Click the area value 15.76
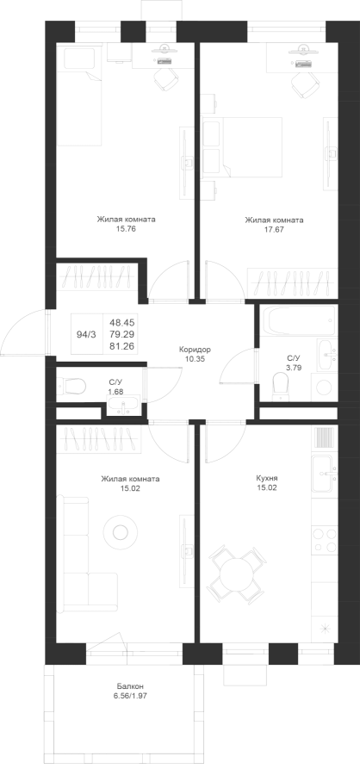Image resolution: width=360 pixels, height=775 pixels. click(x=126, y=229)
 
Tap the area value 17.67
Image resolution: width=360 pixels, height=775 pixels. click(x=274, y=230)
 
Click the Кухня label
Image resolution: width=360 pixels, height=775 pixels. click(x=267, y=479)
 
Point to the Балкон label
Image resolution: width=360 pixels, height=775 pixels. click(x=131, y=686)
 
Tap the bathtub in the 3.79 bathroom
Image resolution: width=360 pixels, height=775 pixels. click(x=301, y=319)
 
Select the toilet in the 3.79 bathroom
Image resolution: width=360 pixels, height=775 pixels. click(x=281, y=386)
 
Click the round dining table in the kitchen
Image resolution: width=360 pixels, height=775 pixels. click(x=236, y=573)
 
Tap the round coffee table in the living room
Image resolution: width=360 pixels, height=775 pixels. click(x=120, y=532)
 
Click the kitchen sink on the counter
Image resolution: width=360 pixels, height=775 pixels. click(x=325, y=472)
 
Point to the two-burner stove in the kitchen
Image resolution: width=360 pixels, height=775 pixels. click(x=325, y=541)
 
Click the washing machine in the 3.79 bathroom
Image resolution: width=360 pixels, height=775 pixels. click(x=325, y=387)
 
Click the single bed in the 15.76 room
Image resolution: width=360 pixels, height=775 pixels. click(x=79, y=96)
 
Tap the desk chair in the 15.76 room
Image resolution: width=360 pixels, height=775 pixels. click(x=165, y=79)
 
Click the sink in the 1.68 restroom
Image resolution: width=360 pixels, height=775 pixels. click(x=124, y=405)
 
